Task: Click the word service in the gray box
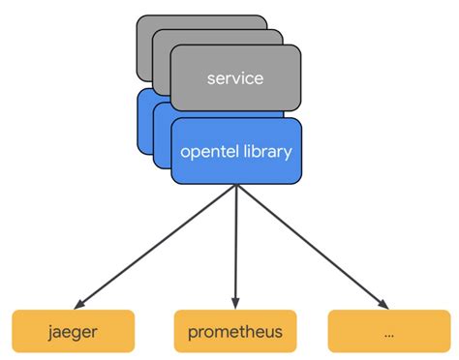point(235,77)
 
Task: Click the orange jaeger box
point(73,332)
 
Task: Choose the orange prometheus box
point(236,332)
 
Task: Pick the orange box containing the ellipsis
point(388,332)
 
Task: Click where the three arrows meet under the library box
point(236,186)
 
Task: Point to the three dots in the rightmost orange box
point(388,334)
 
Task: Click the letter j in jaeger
point(49,332)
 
